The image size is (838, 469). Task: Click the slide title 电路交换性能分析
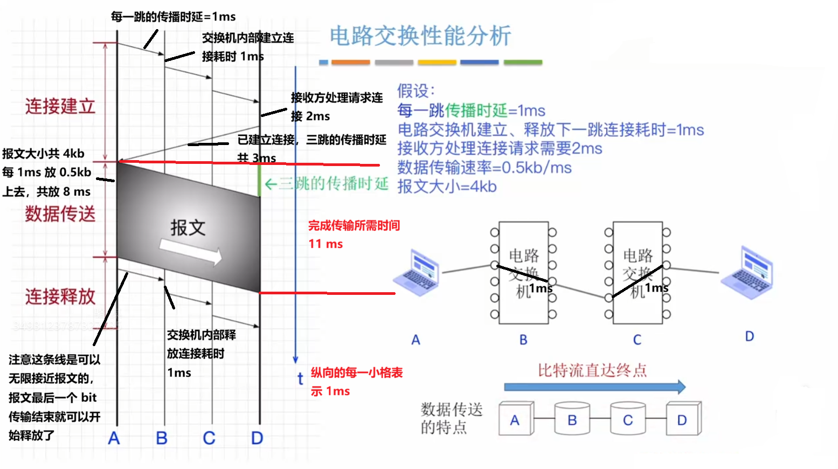coord(420,36)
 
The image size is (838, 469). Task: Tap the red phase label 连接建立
coord(60,106)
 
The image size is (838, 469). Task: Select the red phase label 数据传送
coord(60,214)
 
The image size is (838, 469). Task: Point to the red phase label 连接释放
coord(60,296)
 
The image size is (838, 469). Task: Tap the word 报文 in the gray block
coord(188,227)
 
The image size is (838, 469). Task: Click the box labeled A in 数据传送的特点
coord(515,419)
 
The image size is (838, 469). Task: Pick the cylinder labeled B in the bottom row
coord(572,419)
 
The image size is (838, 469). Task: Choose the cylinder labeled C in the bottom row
coord(627,419)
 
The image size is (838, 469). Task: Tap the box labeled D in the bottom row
coord(683,419)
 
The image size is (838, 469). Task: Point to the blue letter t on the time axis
coord(300,379)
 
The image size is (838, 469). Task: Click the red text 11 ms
coord(325,244)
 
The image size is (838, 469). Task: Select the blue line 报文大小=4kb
coord(447,187)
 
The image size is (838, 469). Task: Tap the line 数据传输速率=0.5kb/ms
coord(484,168)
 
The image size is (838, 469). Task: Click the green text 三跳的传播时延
coord(333,184)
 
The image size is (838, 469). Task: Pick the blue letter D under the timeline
coord(257,438)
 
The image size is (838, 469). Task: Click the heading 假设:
coord(415,91)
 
